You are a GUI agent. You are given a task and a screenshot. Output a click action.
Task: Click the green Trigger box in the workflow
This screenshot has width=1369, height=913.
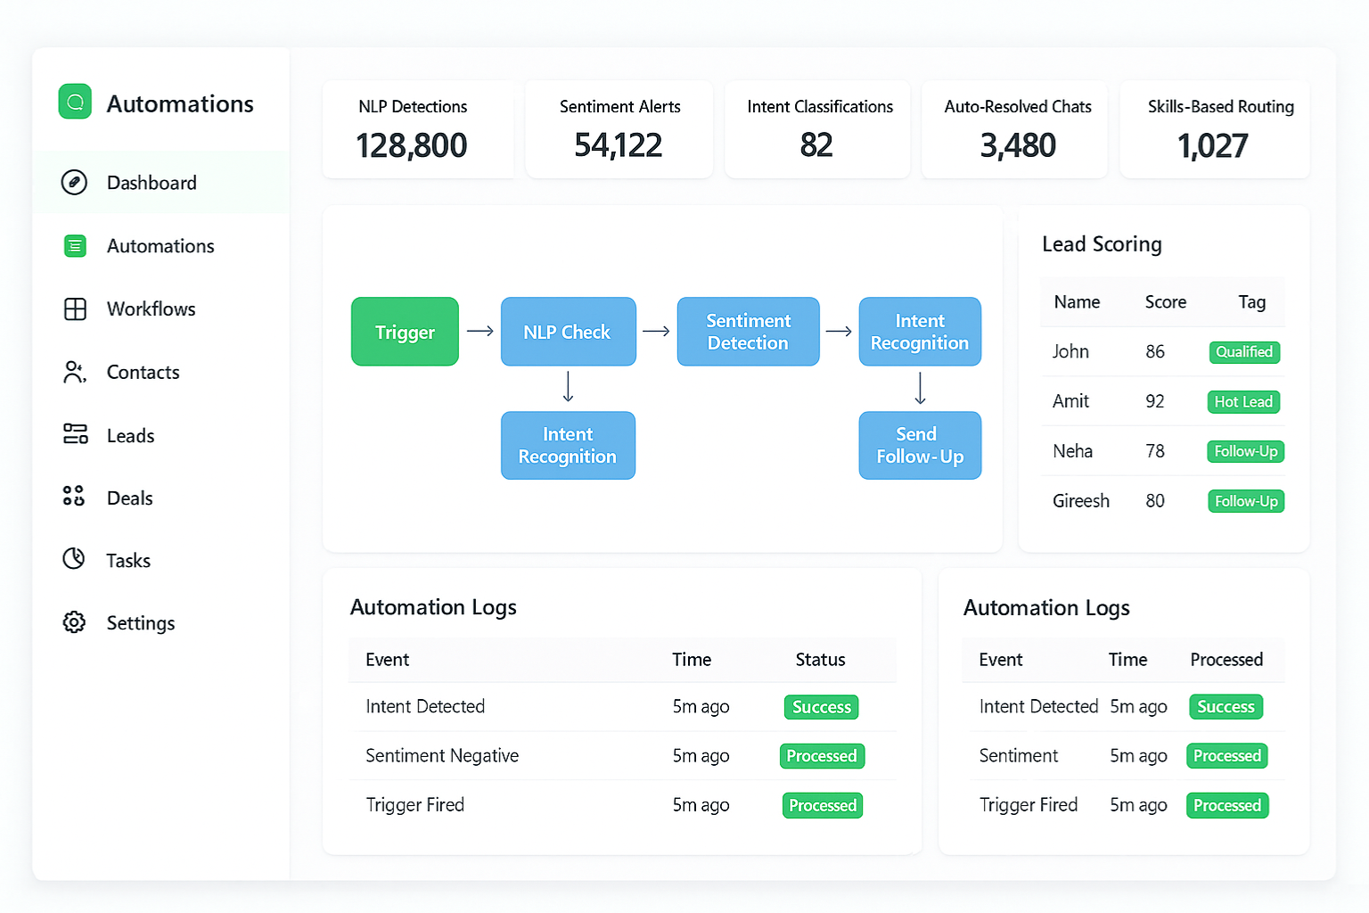point(405,332)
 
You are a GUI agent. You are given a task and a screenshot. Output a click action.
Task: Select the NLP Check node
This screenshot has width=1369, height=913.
point(568,332)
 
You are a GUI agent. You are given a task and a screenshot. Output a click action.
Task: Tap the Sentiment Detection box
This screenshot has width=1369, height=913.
point(748,332)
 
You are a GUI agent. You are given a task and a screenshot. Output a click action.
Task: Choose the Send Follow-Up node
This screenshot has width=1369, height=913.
point(920,445)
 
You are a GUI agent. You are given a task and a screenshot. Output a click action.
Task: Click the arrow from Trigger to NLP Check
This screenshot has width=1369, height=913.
point(480,332)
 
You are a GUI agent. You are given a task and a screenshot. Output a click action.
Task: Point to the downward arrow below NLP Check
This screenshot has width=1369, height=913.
point(568,388)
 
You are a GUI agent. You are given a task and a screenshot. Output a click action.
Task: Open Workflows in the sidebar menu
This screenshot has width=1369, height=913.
point(151,309)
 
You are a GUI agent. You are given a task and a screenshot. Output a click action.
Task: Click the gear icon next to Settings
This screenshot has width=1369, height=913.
point(75,622)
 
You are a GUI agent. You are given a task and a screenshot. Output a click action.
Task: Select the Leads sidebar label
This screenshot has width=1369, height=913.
point(130,436)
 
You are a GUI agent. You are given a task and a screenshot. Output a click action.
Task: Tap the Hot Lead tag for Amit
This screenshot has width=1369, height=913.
point(1243,402)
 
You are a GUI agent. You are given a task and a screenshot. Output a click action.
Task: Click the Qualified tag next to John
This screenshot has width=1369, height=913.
point(1244,352)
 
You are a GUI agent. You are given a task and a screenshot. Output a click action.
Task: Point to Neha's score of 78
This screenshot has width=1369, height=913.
point(1155,451)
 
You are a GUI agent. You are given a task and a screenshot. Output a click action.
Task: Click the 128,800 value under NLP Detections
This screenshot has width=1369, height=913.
point(412,145)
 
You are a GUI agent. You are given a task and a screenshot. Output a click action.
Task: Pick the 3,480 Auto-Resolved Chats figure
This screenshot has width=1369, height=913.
point(1018,145)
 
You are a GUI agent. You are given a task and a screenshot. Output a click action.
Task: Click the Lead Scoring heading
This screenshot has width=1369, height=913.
point(1102,244)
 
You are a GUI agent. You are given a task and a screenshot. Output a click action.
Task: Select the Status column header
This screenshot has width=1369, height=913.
point(820,660)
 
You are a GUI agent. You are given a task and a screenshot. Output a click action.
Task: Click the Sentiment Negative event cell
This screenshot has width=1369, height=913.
point(442,756)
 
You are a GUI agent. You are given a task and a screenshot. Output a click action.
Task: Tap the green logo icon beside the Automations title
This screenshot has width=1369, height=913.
point(75,102)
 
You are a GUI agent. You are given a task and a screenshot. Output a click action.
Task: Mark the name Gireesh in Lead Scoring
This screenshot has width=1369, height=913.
point(1081,501)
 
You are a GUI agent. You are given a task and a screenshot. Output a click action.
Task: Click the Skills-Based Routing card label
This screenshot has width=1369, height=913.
point(1220,107)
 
